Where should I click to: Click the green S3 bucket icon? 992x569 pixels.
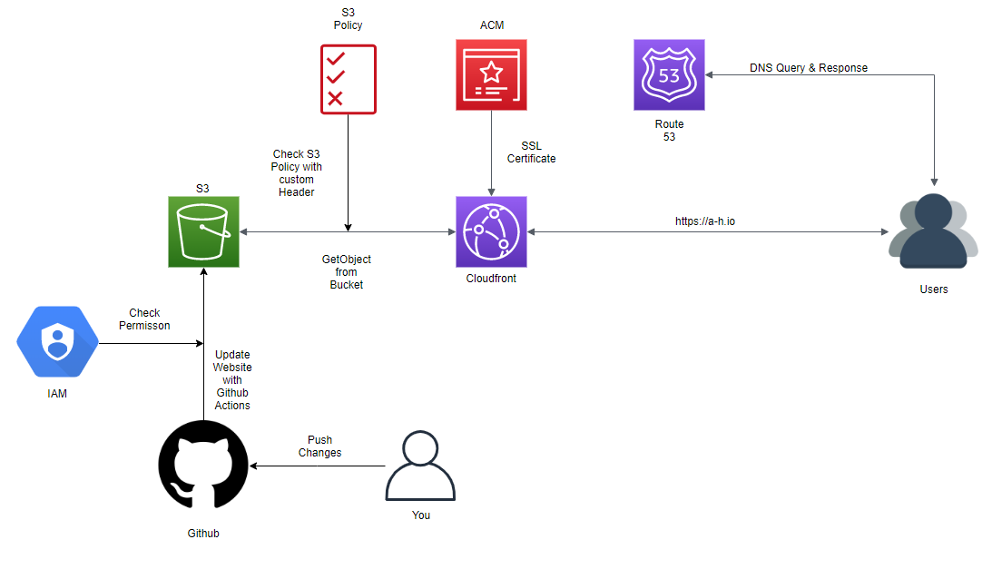pos(203,231)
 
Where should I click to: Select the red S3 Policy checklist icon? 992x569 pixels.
pos(348,79)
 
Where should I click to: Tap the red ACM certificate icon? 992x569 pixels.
pos(491,74)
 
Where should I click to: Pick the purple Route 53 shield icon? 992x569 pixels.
pos(669,75)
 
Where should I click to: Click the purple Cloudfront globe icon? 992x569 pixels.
pos(491,231)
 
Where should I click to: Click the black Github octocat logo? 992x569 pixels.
pos(203,465)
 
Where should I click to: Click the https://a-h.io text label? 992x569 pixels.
pos(705,221)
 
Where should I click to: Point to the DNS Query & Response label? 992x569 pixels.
pos(808,68)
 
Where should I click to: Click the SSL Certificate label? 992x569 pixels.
pos(531,152)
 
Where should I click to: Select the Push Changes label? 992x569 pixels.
pos(319,446)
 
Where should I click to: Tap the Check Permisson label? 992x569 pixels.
pos(144,319)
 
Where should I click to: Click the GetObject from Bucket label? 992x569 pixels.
pos(346,272)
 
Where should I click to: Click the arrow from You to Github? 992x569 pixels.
pos(318,466)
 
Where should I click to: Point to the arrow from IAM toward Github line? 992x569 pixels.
pos(150,343)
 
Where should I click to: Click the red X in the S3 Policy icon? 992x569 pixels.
pos(335,98)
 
